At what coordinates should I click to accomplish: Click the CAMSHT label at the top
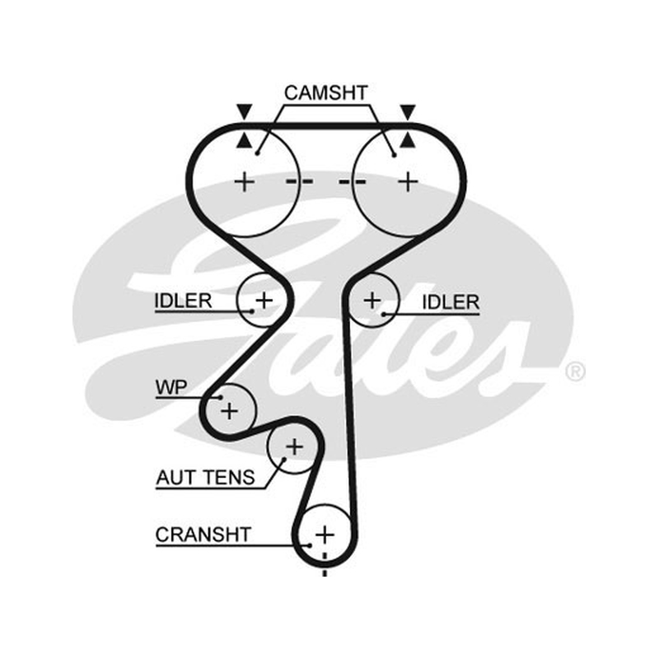[x=325, y=93]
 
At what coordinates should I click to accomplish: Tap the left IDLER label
[x=183, y=301]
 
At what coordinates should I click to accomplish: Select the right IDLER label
[x=451, y=302]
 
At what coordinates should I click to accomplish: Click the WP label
[x=171, y=387]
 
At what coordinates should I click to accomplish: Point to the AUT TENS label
[x=205, y=478]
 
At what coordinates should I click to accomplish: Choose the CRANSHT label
[x=203, y=535]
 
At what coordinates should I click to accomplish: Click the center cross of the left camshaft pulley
[x=244, y=182]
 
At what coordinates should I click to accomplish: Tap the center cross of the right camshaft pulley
[x=408, y=182]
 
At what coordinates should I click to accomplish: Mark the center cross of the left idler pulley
[x=264, y=300]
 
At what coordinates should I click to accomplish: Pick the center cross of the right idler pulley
[x=372, y=301]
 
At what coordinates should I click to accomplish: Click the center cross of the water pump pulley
[x=229, y=410]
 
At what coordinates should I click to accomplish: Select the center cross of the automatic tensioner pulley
[x=294, y=446]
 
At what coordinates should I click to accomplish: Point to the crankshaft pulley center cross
[x=325, y=535]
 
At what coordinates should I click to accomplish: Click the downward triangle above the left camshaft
[x=244, y=111]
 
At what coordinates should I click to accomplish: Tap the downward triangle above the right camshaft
[x=408, y=111]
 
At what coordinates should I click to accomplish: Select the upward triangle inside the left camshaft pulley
[x=244, y=140]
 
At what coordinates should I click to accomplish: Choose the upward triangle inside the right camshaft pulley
[x=407, y=140]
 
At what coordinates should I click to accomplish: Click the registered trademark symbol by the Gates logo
[x=575, y=372]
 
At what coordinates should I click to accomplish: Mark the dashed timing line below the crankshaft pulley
[x=325, y=564]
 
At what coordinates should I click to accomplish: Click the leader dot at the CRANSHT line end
[x=310, y=545]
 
